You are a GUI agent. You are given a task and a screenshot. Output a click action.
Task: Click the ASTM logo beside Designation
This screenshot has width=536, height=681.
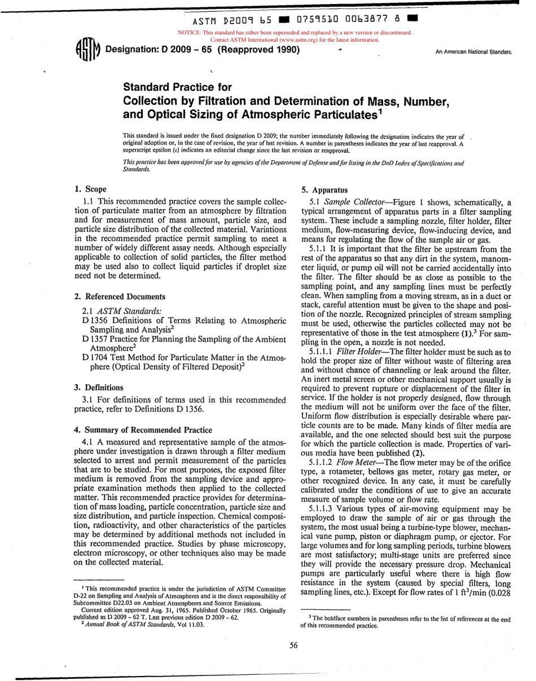point(87,50)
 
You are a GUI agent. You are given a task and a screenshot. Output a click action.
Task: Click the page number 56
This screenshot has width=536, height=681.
point(293,645)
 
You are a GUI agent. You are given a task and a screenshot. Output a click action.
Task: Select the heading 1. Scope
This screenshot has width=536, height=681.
point(90,189)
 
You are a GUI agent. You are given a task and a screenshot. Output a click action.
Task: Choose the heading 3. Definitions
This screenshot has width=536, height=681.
point(99,387)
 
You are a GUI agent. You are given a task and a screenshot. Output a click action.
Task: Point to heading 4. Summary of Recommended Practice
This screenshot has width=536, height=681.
point(143,430)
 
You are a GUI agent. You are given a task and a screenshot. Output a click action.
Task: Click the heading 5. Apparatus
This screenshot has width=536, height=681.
point(324,190)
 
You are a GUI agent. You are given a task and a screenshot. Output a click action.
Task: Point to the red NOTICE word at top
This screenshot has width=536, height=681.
point(188,33)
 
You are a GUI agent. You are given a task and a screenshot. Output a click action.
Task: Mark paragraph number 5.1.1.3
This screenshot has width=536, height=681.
point(326,509)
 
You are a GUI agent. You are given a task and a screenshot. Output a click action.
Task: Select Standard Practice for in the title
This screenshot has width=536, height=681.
point(177,87)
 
